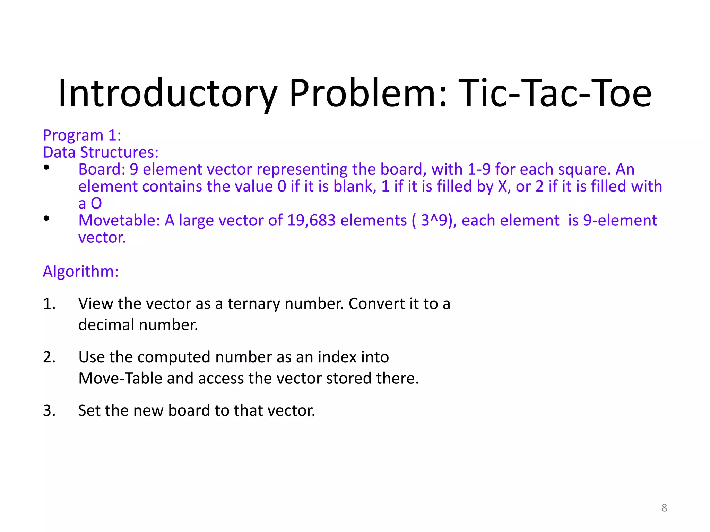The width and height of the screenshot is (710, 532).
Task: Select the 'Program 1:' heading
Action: tap(82, 135)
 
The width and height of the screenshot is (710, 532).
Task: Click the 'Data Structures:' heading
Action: tap(101, 152)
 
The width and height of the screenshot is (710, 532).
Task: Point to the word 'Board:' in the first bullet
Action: tap(102, 169)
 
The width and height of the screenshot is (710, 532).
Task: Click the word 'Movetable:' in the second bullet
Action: tap(119, 221)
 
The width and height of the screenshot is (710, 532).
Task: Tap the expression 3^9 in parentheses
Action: tap(434, 221)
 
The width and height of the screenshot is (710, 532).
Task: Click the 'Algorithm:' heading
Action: tap(80, 271)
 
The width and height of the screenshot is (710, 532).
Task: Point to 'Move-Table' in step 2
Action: tap(120, 378)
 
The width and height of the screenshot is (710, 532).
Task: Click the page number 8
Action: tap(664, 508)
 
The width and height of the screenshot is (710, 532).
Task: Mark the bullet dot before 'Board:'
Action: tap(46, 168)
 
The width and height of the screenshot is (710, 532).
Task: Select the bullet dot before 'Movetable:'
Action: tap(46, 219)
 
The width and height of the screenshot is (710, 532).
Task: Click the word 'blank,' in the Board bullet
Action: tap(355, 187)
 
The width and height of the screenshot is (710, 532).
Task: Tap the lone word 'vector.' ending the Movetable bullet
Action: tap(102, 238)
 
